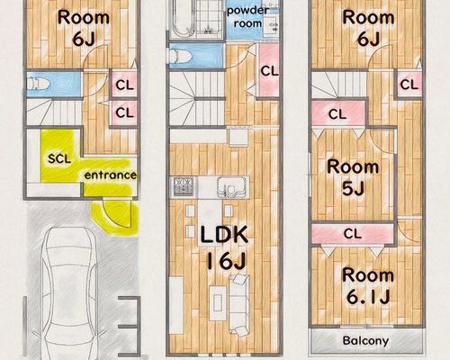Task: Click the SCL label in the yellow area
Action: pos(59,158)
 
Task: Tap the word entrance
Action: pos(110,175)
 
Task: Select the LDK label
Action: pos(224,235)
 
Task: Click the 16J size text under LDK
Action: pos(227,260)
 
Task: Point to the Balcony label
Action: pos(365,340)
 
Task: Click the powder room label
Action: pos(247,17)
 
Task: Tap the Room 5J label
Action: pos(353,177)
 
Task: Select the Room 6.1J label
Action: pos(368,285)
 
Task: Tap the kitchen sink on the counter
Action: pos(230,187)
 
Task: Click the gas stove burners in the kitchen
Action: pos(184,186)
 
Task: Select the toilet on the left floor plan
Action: pos(38,84)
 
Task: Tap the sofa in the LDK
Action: pos(239,304)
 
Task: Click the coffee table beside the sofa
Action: pos(218,302)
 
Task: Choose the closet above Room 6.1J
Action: pos(353,233)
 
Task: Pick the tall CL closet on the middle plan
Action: pos(269,70)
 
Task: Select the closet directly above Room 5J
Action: pos(338,113)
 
